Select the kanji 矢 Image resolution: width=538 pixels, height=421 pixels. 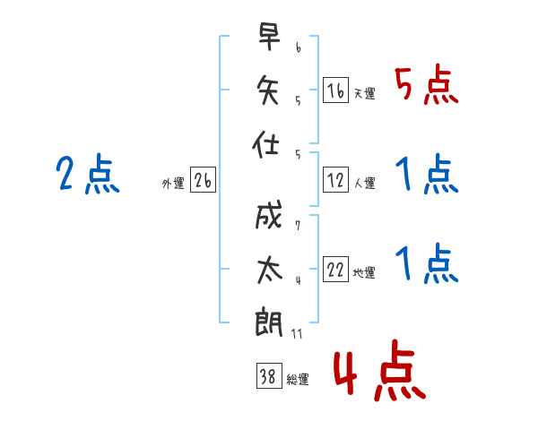pos(270,90)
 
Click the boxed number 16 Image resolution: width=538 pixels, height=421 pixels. pos(335,90)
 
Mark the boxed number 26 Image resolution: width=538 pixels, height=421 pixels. pos(203,182)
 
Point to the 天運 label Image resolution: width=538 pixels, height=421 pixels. pos(365,93)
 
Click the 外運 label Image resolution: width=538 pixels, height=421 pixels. pos(173,185)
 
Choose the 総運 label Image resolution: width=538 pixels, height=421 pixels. pos(298,380)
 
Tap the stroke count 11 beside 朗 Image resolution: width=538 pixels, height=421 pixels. pos(298,334)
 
